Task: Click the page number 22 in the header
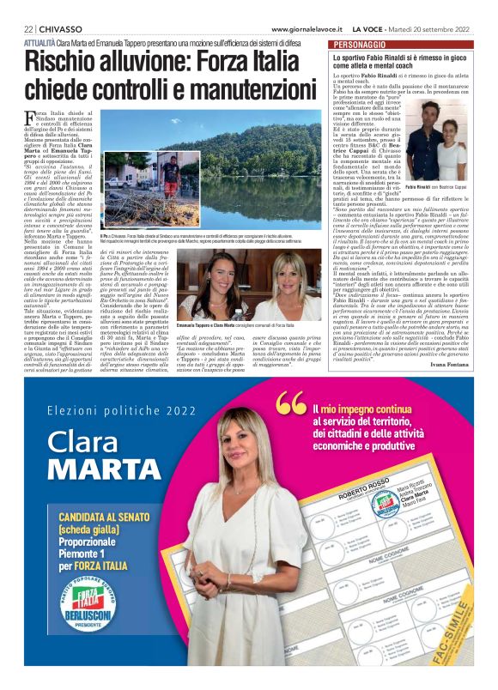[x=27, y=28]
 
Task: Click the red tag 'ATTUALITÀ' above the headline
[x=40, y=41]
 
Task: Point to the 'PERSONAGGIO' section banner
[x=363, y=43]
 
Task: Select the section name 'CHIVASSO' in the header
[x=61, y=28]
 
